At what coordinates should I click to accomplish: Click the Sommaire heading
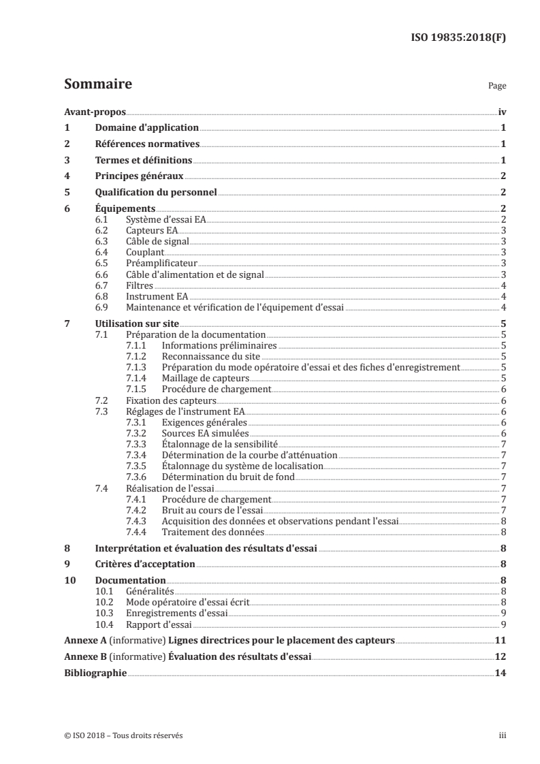97,84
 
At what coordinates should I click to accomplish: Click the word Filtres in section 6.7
140,285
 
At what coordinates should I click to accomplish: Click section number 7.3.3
138,444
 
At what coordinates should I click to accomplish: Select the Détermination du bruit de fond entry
227,477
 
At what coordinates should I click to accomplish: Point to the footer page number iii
503,736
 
